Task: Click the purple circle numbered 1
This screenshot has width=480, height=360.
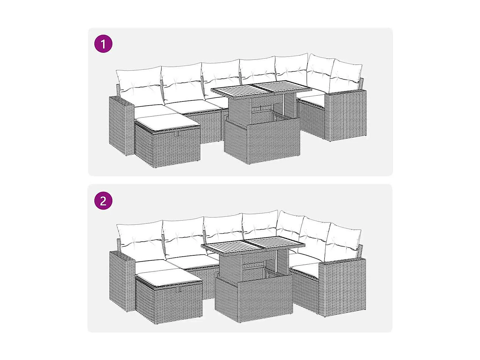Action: [x=103, y=44]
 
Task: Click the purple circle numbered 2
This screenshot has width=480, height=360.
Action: [x=103, y=201]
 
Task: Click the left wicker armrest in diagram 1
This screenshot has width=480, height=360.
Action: [x=121, y=125]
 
